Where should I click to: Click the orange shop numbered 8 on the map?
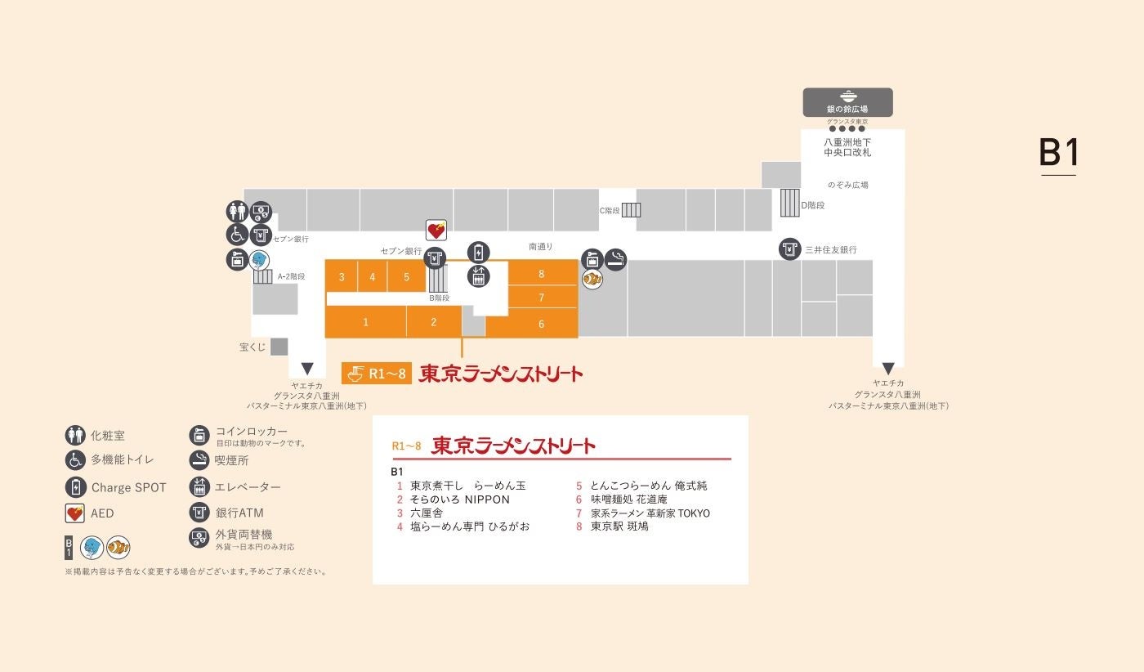[542, 274]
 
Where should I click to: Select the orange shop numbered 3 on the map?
[342, 277]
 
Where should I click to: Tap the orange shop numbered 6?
[541, 324]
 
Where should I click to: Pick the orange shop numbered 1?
[365, 322]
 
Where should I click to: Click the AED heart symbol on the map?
[436, 231]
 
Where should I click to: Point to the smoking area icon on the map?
[615, 259]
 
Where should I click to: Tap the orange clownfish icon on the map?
[592, 279]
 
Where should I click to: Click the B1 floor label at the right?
[1058, 153]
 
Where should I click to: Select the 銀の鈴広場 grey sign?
[847, 102]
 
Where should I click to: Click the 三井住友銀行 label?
[830, 249]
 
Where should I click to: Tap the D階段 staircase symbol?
[789, 203]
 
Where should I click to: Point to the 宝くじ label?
[252, 347]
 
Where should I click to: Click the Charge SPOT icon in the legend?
[76, 487]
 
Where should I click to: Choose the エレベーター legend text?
[248, 487]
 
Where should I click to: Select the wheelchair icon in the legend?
[76, 460]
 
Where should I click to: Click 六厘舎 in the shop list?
[427, 513]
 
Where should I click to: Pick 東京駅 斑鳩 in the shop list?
[619, 526]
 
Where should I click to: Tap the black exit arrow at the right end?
[888, 369]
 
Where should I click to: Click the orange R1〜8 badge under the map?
[377, 374]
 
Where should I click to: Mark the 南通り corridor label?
[541, 246]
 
